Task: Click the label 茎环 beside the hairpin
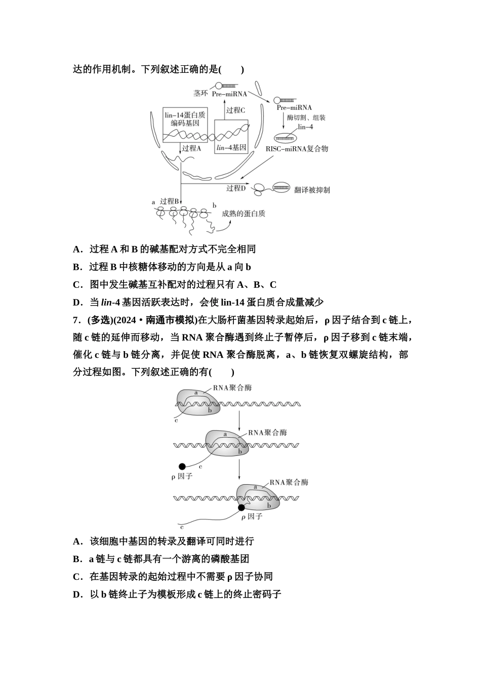[201, 93]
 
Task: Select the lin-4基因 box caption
[231, 148]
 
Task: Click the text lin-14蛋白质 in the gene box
[185, 114]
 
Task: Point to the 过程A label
[191, 148]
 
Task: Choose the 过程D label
[236, 188]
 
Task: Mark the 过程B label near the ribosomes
[170, 201]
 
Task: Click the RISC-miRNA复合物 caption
[297, 149]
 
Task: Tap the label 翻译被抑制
[312, 190]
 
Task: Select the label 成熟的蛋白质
[244, 214]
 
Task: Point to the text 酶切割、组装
[306, 117]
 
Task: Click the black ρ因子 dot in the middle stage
[182, 466]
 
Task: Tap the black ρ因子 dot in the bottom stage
[242, 507]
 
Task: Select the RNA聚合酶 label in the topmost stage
[232, 388]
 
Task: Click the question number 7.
[76, 320]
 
